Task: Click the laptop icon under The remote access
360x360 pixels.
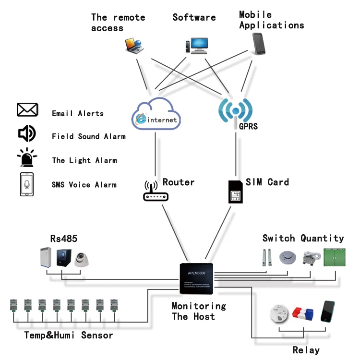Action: click(x=134, y=45)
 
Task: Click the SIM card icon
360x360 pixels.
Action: click(x=235, y=192)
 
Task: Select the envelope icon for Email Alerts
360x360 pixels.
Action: click(x=27, y=110)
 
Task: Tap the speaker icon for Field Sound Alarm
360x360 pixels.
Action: click(x=27, y=134)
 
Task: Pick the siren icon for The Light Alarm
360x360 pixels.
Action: click(x=27, y=158)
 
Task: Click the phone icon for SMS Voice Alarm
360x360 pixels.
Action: click(x=27, y=184)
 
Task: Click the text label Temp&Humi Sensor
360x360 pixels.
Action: click(x=69, y=335)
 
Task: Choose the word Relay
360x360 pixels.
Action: click(x=306, y=350)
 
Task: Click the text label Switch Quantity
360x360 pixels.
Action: click(x=303, y=238)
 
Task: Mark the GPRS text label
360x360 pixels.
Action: click(x=248, y=127)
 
